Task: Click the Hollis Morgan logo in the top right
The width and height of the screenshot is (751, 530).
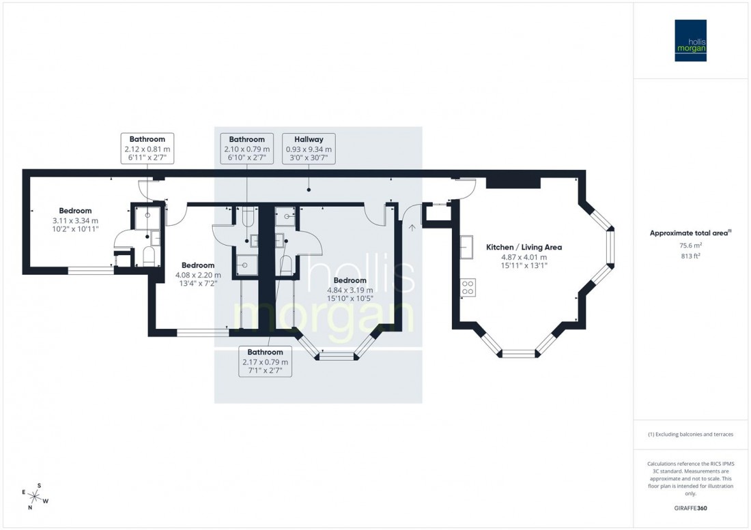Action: pos(690,40)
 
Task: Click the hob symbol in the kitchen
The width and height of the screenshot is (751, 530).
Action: pos(468,287)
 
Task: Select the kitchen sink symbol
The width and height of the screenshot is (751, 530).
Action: pos(468,247)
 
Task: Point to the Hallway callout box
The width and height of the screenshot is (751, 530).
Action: pos(309,148)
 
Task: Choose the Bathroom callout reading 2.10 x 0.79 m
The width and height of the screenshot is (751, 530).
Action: pos(247,148)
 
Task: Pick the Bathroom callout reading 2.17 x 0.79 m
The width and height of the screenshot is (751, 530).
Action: pos(265,362)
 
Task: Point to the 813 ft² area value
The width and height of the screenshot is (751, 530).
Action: pos(691,256)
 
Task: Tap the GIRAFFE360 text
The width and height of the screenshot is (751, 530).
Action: pos(691,508)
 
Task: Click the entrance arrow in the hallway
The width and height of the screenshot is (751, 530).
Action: pos(412,228)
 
